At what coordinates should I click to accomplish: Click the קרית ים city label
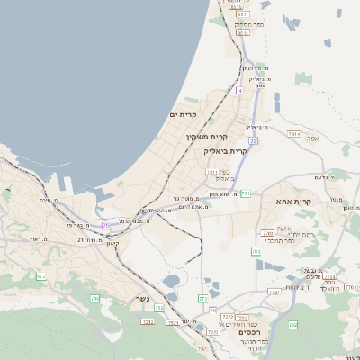183,115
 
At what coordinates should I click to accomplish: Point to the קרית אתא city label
293,202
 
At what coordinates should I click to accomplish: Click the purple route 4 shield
240,91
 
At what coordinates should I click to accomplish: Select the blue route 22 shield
254,141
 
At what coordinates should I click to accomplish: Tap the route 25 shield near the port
105,225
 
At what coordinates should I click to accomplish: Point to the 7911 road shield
212,171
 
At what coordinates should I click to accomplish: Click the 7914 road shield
294,133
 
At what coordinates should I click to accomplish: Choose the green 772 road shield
203,298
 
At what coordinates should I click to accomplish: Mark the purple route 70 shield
212,310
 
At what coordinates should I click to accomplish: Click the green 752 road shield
159,309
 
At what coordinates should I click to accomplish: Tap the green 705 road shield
94,297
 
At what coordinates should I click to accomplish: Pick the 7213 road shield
148,320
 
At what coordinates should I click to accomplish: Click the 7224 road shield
329,277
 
